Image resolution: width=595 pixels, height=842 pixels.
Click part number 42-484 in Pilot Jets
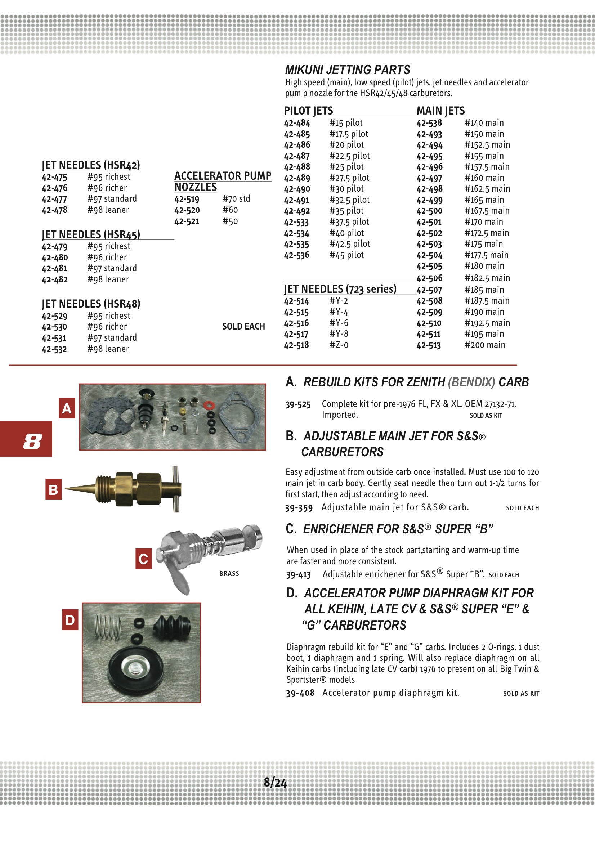[297, 123]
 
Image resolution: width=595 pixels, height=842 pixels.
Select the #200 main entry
[484, 345]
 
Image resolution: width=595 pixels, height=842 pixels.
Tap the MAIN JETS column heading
[440, 111]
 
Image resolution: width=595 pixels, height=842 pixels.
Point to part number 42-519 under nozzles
[187, 199]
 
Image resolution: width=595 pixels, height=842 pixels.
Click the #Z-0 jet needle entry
[339, 345]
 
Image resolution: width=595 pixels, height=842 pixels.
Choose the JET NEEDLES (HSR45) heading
[91, 235]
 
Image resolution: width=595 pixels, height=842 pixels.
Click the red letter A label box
[67, 408]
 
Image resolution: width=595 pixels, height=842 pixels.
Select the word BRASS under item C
[229, 574]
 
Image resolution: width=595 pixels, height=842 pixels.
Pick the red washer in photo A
[209, 405]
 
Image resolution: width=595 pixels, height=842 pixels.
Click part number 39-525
[298, 404]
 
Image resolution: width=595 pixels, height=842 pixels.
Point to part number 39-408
[300, 693]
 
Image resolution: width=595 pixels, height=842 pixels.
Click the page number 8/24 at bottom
[275, 783]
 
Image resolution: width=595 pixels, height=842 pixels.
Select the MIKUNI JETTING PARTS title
[348, 70]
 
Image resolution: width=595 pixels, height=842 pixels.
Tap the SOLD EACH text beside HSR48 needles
[243, 326]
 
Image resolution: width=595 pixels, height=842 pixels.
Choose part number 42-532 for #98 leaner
[54, 349]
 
